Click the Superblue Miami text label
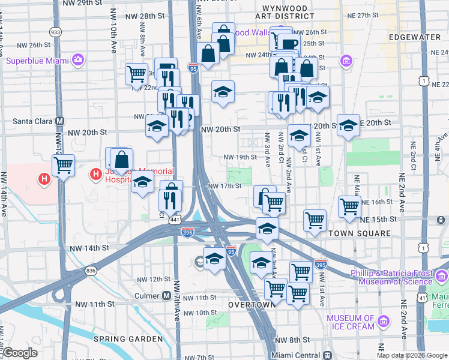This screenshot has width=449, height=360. [x=37, y=60]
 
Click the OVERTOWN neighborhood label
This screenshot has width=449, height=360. [x=252, y=305]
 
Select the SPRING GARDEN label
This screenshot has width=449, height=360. [x=128, y=339]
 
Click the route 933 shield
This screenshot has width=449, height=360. [x=56, y=32]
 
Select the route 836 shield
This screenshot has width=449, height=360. [x=91, y=271]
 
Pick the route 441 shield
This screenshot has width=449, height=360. [x=175, y=220]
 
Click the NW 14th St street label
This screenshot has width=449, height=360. [x=89, y=248]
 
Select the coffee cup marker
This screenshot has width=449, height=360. [x=288, y=44]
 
